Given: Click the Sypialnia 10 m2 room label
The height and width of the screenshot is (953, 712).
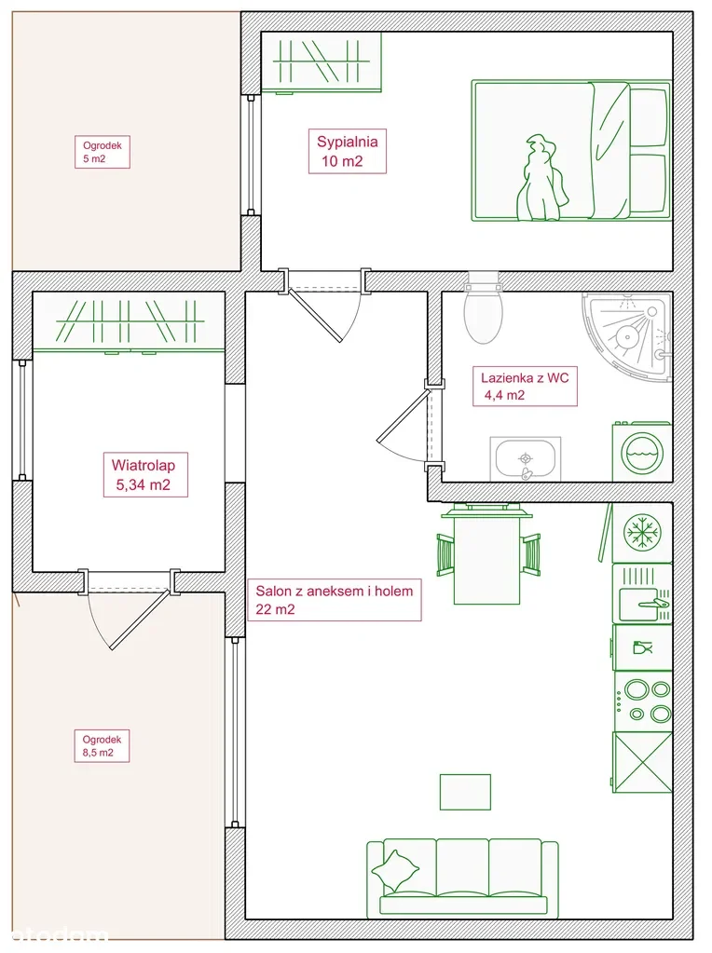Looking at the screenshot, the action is click(348, 151).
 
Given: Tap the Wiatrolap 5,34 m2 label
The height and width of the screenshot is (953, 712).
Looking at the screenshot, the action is click(144, 475).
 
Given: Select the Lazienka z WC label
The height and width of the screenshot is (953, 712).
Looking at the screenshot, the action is click(525, 386).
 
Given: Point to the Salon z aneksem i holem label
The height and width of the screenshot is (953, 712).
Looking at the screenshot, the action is click(335, 599).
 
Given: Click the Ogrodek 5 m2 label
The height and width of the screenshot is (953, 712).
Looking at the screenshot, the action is click(103, 152).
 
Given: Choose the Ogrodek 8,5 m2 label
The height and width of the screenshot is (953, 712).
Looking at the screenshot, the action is click(102, 746).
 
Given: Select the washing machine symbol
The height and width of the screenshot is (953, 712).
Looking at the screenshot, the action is click(642, 452).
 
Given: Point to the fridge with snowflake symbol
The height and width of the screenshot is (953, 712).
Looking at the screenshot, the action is click(642, 532).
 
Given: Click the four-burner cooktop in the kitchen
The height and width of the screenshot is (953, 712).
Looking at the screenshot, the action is click(643, 701).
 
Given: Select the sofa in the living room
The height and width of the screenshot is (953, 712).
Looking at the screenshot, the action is click(463, 878).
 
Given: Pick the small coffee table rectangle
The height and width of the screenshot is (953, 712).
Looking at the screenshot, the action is click(465, 792).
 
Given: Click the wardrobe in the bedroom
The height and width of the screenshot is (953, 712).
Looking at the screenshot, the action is click(321, 62).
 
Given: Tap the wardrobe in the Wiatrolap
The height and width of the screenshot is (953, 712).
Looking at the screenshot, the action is click(129, 322).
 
